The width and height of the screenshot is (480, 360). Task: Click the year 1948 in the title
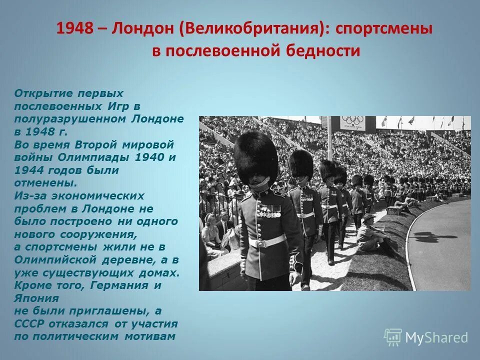[x=75, y=29]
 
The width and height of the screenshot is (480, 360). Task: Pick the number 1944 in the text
[x=29, y=170]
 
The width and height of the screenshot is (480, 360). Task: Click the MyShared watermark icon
[x=392, y=337]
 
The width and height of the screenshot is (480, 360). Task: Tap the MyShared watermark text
[x=436, y=338]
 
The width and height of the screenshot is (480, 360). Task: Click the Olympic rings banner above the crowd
[x=353, y=121]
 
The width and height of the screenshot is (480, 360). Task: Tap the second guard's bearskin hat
[x=301, y=163]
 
